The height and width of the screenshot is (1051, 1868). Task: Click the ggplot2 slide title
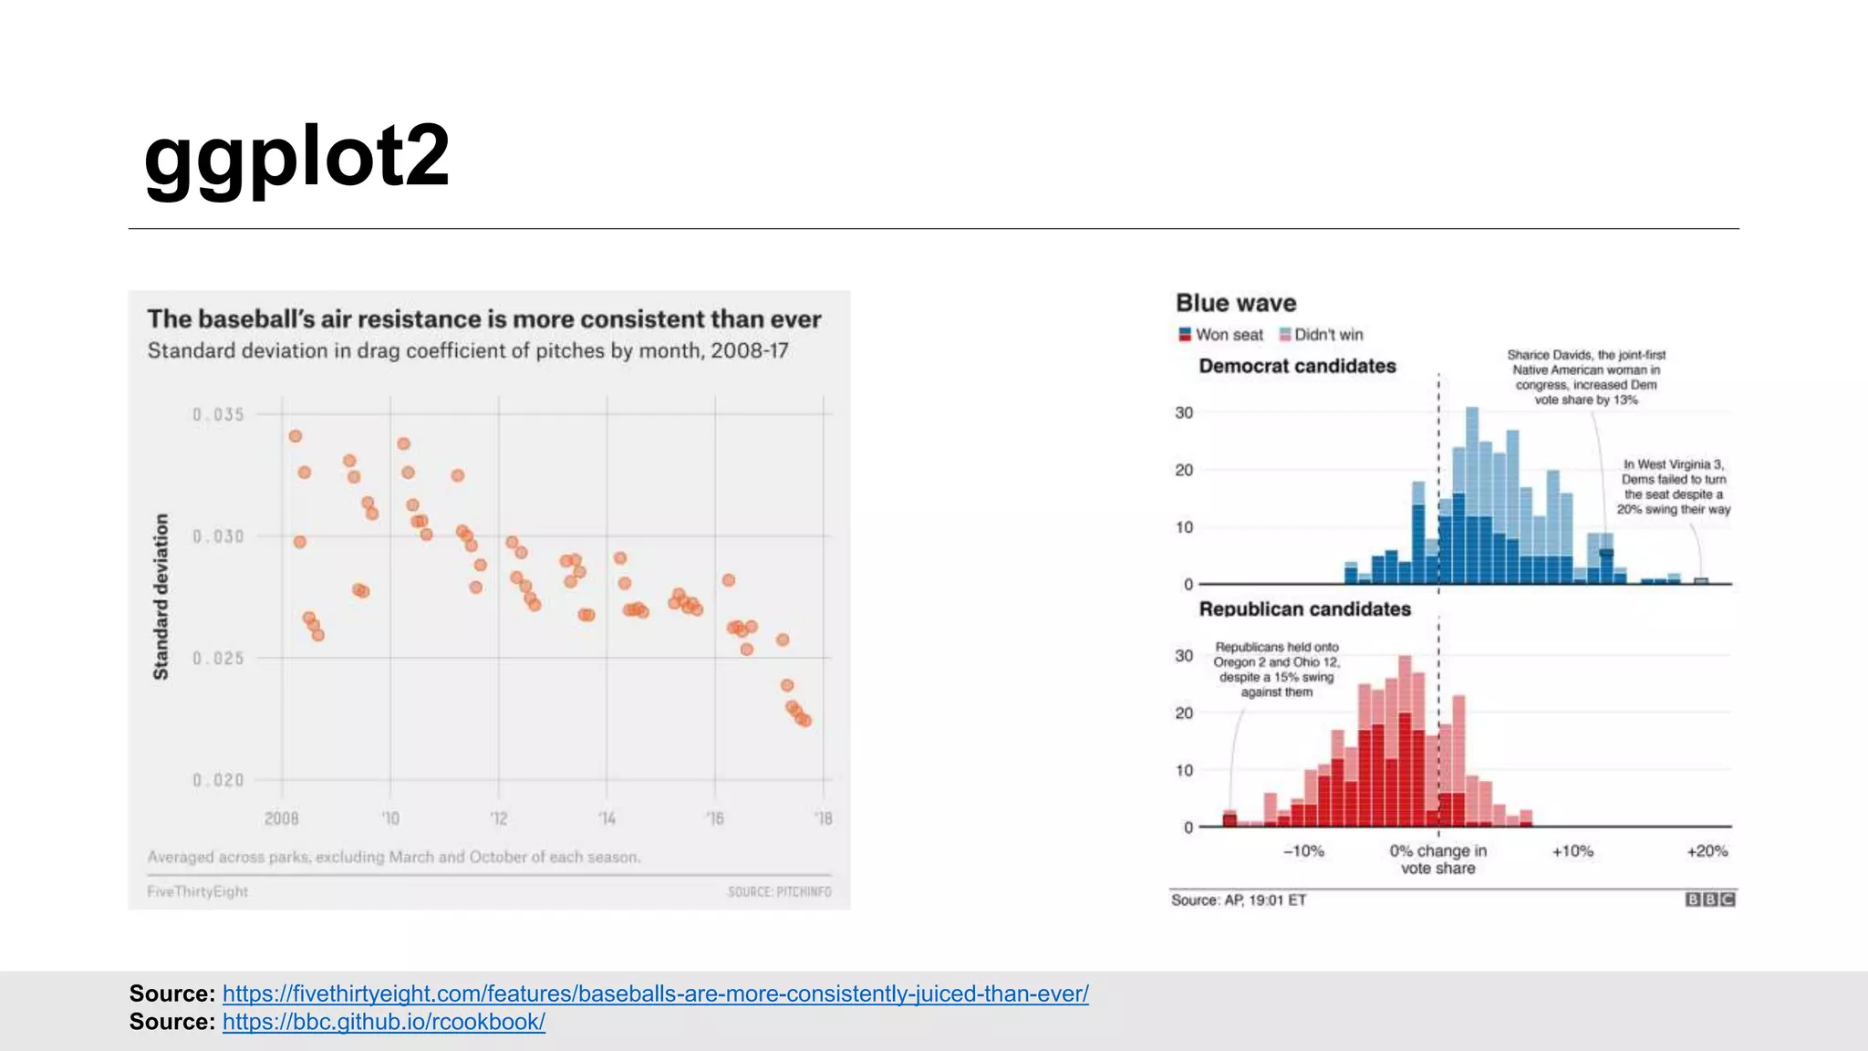[296, 157]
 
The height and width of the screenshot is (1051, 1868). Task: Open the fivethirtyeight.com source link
[655, 994]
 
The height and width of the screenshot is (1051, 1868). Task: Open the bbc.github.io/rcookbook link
[383, 1022]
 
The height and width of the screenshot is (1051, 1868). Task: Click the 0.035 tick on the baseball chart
[218, 415]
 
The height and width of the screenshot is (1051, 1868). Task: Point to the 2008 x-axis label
[281, 818]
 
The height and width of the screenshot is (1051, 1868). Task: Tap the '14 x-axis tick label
[607, 818]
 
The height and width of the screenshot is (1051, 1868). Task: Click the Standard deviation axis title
[161, 596]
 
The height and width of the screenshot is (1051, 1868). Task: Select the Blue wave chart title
[1235, 303]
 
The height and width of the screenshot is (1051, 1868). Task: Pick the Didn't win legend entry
[1322, 335]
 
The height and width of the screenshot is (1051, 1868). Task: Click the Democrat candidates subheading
[1296, 366]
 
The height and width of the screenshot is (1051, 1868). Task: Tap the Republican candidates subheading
[1303, 609]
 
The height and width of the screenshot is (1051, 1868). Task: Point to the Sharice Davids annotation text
[1585, 377]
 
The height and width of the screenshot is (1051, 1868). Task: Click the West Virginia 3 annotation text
[1673, 487]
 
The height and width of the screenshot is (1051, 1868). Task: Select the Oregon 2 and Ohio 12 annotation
[1276, 669]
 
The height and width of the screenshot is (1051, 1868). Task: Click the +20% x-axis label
[1707, 851]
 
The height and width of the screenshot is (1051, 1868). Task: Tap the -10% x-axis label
[1302, 851]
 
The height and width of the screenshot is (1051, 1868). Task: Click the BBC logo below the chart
[1709, 900]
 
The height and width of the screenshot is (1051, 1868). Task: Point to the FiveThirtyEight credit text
[197, 891]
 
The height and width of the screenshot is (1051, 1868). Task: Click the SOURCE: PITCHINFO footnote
[779, 891]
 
